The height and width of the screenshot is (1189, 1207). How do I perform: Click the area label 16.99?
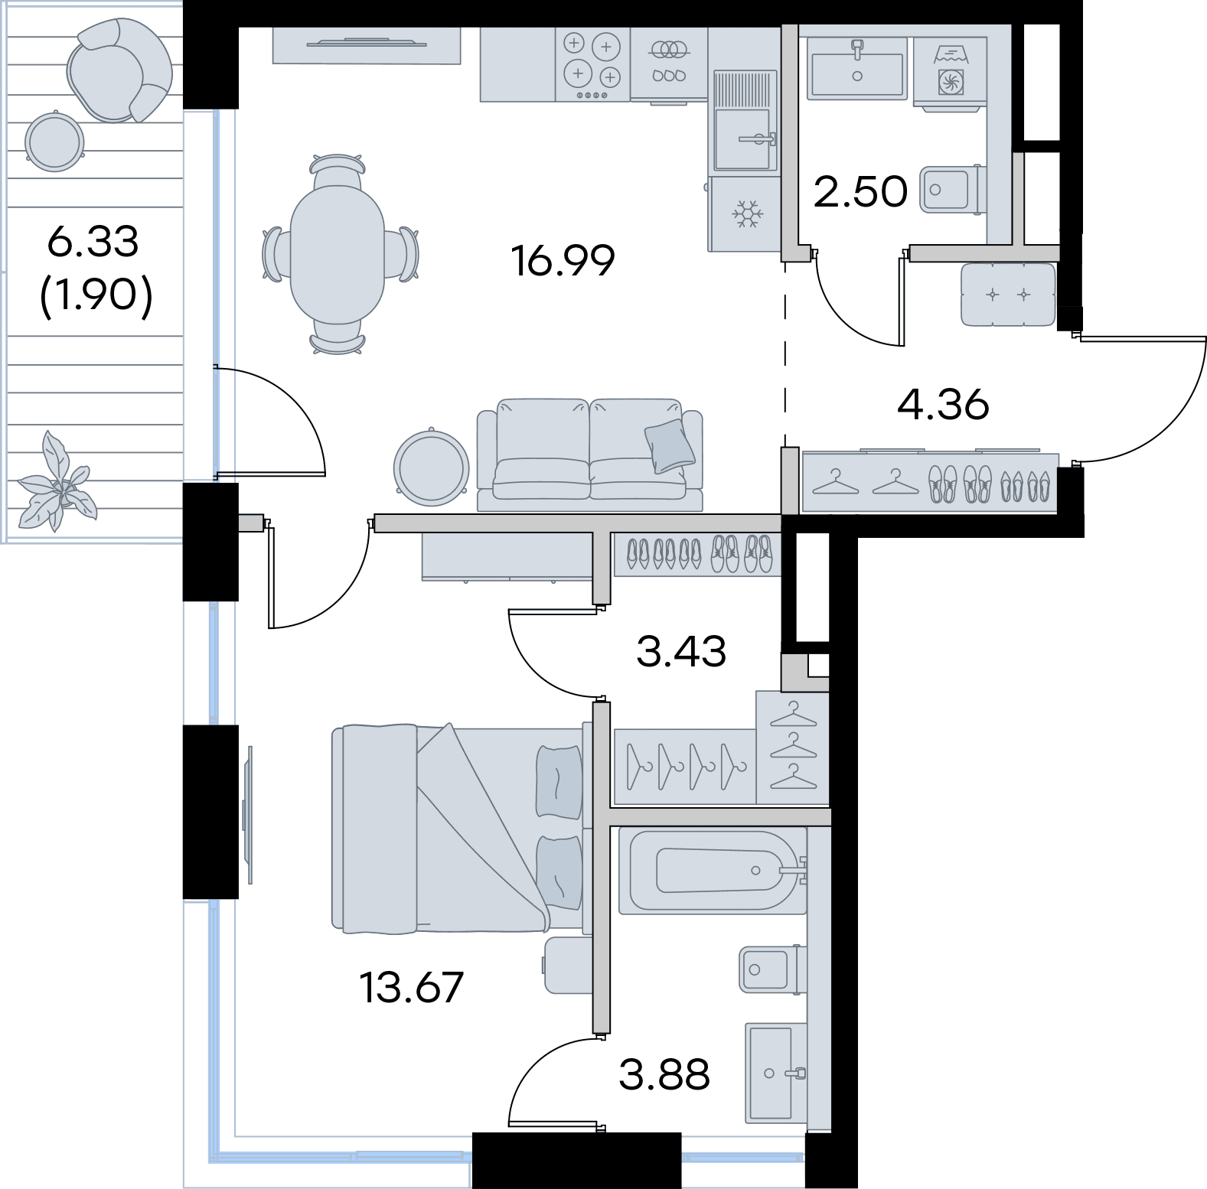[x=563, y=261]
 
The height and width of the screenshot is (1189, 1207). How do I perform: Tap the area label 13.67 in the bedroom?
[x=412, y=987]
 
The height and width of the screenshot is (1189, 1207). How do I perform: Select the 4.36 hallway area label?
[x=943, y=404]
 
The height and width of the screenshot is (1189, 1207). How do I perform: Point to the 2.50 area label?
[x=860, y=191]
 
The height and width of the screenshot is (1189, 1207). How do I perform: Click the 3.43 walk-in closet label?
[x=681, y=651]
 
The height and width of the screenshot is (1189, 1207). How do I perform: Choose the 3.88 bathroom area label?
[x=664, y=1074]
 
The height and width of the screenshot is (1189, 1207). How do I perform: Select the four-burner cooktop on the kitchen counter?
[x=592, y=64]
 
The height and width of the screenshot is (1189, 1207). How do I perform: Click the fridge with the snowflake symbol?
[x=744, y=214]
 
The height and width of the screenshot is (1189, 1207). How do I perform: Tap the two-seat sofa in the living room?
[x=589, y=454]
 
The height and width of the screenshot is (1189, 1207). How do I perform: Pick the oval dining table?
[x=337, y=254]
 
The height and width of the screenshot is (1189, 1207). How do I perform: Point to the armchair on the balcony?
[x=119, y=70]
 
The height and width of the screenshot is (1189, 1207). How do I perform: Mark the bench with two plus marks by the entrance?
[x=1008, y=295]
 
